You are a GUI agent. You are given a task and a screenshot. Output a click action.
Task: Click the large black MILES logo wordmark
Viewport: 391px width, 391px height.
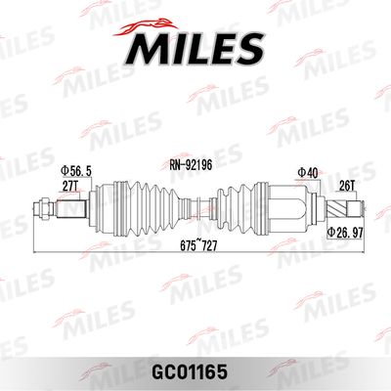(195, 50)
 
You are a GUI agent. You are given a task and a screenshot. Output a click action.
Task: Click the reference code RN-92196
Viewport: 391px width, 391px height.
(191, 165)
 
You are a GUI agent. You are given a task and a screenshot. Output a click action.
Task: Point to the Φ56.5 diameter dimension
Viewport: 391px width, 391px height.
(76, 170)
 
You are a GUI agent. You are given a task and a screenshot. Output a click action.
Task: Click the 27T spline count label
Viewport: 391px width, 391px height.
(70, 186)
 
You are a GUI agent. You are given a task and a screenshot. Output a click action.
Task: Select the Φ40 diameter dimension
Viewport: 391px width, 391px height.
(308, 173)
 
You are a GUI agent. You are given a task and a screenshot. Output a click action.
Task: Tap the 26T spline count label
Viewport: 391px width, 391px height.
(347, 186)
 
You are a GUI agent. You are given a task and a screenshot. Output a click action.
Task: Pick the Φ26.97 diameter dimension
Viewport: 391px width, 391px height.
(345, 233)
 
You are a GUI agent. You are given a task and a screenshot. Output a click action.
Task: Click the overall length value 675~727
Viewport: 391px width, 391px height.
(198, 246)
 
